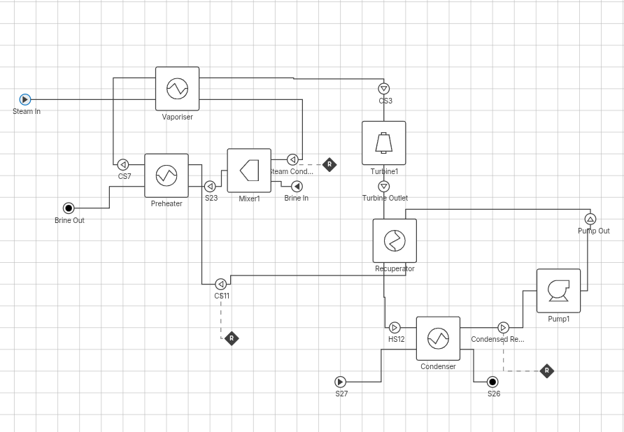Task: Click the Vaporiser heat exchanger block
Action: tap(177, 89)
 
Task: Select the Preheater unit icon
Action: tap(166, 175)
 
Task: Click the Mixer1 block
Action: tap(249, 171)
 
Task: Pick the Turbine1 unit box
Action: tap(383, 143)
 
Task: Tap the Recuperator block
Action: tap(395, 240)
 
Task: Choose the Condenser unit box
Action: tap(438, 338)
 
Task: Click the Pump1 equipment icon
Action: tap(558, 290)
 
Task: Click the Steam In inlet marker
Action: tap(25, 100)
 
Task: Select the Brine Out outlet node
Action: tap(69, 208)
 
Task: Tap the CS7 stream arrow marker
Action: tap(123, 165)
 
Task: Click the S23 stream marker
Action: tap(210, 187)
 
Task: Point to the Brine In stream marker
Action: tap(297, 187)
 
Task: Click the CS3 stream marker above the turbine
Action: tap(383, 89)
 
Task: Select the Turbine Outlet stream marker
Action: tap(383, 187)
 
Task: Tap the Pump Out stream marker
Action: tap(590, 219)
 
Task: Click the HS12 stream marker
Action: tap(395, 328)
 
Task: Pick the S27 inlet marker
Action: tap(340, 382)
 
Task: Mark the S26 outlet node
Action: tap(492, 382)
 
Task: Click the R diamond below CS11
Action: tap(232, 338)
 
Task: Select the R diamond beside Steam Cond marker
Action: tap(329, 165)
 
